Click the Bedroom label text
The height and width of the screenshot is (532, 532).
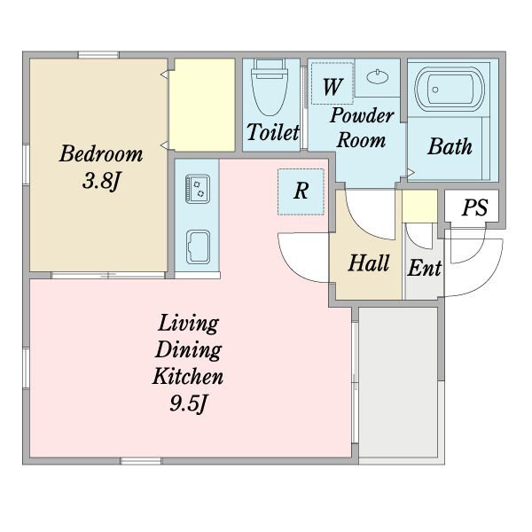click(101, 153)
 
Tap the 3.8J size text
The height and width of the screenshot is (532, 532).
click(101, 181)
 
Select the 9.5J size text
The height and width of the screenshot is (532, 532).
click(188, 403)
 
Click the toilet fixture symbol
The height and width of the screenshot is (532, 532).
click(270, 87)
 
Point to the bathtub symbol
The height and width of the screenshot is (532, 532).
click(450, 89)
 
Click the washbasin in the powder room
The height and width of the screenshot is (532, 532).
click(378, 76)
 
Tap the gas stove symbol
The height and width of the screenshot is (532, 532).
click(198, 190)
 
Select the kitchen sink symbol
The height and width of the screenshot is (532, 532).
click(198, 247)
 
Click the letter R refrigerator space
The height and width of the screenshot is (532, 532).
click(301, 192)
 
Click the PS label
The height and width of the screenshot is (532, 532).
click(475, 207)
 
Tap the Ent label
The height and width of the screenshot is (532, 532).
click(425, 268)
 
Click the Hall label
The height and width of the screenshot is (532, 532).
click(369, 263)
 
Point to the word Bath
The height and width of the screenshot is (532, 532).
click(450, 146)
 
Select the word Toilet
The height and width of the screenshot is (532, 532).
click(273, 132)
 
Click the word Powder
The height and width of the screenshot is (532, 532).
click(362, 115)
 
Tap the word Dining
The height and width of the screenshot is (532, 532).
click(188, 350)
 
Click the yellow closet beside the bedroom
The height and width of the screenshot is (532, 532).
click(202, 105)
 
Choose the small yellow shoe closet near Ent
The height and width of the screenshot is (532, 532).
click(419, 207)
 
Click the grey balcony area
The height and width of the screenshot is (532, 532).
click(398, 382)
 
